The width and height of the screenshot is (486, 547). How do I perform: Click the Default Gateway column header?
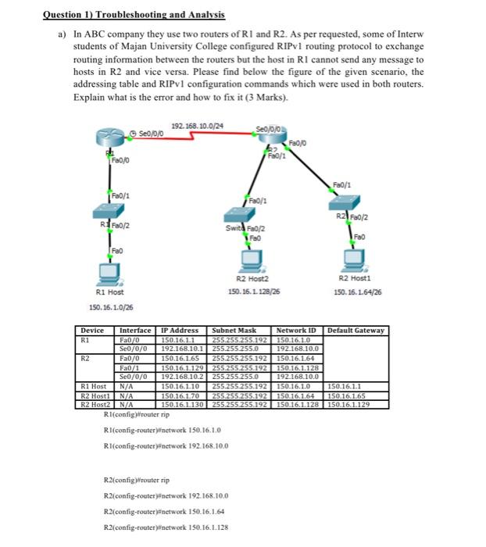pos(356,330)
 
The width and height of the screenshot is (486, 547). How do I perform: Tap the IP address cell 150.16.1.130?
pos(180,405)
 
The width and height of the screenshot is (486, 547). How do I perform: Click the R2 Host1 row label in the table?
pos(94,397)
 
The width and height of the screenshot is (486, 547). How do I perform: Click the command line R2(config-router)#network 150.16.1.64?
pos(160,509)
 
